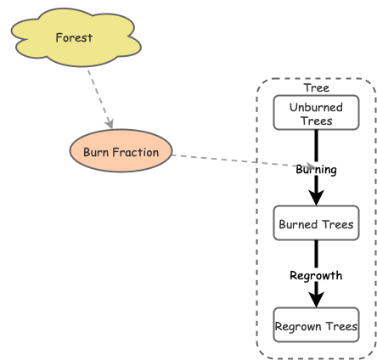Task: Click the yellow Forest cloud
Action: pos(74,37)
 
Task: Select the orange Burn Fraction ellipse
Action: pos(121,153)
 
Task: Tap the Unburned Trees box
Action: pos(316,113)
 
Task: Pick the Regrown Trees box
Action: pos(316,325)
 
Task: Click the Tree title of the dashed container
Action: pos(316,87)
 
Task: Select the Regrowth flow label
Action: pos(316,275)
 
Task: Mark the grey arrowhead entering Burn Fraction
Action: pos(109,123)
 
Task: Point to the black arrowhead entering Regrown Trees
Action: pos(316,300)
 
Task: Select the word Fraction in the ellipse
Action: pos(138,153)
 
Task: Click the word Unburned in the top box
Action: pos(316,108)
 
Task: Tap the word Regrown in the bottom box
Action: pos(298,325)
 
